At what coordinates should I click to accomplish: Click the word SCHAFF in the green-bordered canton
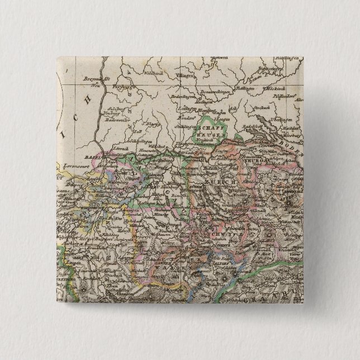211,127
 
